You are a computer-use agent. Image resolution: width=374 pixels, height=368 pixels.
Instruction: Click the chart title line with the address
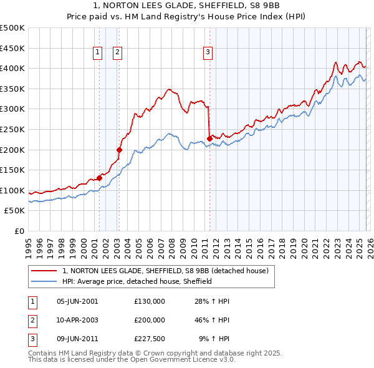(x=187, y=6)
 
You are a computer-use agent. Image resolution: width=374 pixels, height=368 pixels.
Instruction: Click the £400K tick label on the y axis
(x=12, y=69)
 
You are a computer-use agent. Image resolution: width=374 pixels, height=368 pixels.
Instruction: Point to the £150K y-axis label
(x=12, y=170)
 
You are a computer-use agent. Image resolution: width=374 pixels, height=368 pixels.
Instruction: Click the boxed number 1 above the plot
(x=98, y=53)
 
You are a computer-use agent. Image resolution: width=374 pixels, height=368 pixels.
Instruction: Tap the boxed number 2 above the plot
(x=117, y=53)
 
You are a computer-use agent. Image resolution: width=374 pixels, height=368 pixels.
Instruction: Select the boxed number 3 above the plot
(x=208, y=53)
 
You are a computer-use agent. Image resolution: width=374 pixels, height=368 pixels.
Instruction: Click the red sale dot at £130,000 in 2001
(x=99, y=178)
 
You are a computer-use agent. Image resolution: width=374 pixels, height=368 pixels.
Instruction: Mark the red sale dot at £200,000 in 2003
(x=119, y=150)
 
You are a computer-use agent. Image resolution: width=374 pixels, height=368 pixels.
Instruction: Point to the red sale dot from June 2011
(x=209, y=138)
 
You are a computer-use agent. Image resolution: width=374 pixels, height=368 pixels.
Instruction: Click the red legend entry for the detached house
(x=165, y=271)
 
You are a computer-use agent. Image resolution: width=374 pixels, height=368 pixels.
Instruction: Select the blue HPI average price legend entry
(x=137, y=281)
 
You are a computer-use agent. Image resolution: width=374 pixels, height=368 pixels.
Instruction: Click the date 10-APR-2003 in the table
(x=77, y=319)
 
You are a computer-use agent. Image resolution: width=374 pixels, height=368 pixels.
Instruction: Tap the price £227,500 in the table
(x=150, y=338)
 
